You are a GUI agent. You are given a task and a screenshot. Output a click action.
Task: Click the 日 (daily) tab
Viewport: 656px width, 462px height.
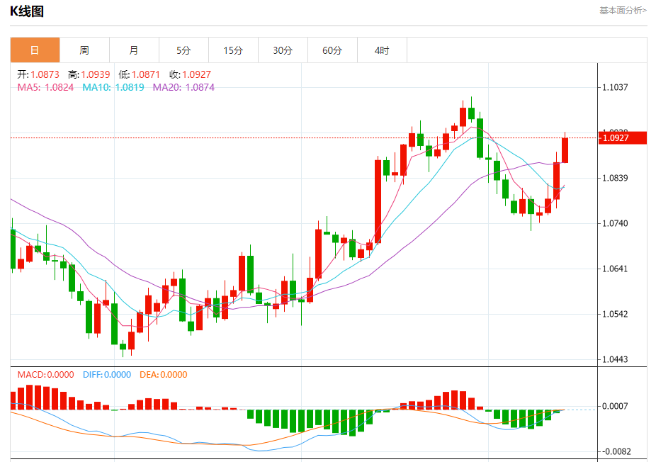click(35, 50)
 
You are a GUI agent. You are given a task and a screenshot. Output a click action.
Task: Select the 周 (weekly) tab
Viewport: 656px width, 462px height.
click(84, 50)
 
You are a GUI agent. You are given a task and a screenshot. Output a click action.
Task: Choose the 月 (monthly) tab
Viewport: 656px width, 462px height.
click(134, 50)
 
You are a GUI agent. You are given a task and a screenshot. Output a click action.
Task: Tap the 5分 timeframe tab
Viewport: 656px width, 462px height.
click(183, 50)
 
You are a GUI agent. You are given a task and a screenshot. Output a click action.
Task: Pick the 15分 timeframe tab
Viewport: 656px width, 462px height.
click(233, 50)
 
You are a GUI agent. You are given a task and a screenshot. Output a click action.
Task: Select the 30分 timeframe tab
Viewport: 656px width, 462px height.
click(283, 50)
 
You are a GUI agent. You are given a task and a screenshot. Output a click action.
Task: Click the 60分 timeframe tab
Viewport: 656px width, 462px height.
click(332, 50)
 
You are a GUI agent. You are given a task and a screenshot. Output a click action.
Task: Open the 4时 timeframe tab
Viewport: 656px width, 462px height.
click(382, 50)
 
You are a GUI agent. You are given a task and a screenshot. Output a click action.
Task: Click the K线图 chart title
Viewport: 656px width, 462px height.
click(27, 11)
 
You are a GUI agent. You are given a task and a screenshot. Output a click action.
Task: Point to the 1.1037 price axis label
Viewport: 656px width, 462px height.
click(615, 87)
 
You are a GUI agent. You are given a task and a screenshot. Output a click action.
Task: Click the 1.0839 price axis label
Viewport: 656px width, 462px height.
click(615, 178)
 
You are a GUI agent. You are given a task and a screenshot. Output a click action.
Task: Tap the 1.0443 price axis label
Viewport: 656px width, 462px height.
click(615, 359)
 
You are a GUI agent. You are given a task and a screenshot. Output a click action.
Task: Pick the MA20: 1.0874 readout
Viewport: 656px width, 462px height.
click(183, 87)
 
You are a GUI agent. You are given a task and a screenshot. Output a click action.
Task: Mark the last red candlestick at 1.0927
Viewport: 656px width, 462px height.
click(565, 150)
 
